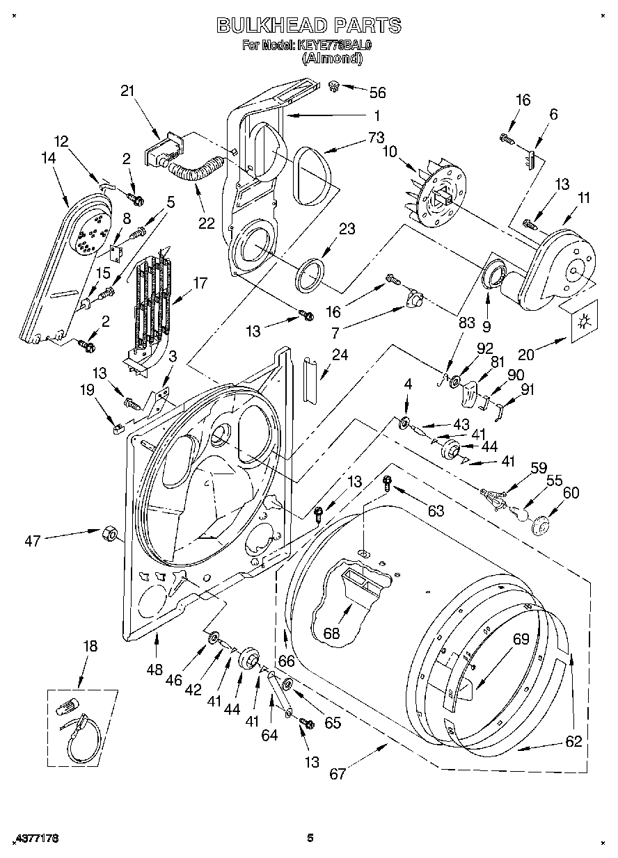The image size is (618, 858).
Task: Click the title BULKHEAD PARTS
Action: point(309,26)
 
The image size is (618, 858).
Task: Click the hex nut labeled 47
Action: point(108,533)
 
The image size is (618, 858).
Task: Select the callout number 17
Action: point(200,283)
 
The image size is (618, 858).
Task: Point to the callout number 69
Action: point(521,639)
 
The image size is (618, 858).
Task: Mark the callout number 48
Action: point(154,670)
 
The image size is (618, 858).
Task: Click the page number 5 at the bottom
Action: point(310,839)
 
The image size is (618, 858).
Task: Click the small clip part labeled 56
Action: point(334,87)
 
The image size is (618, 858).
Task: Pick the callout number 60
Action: point(571,493)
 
